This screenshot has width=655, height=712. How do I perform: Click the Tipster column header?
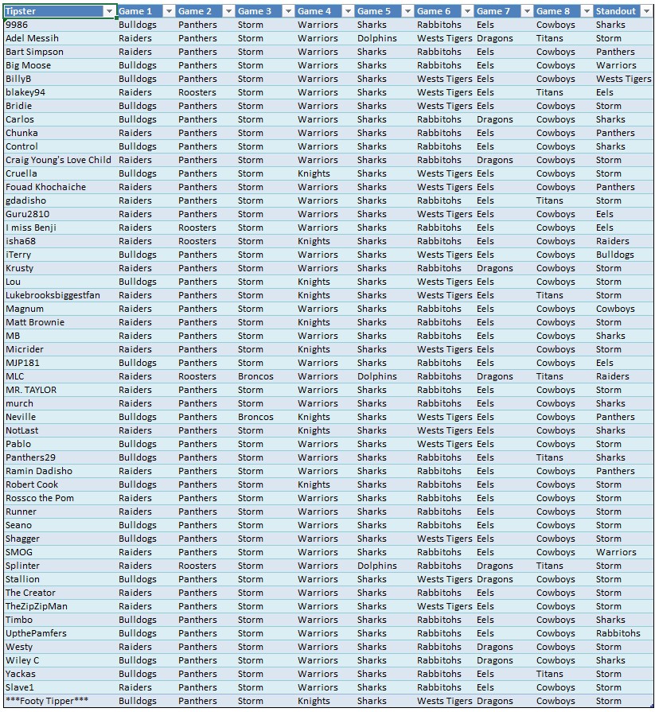(21, 11)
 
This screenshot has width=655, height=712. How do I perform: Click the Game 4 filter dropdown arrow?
(348, 11)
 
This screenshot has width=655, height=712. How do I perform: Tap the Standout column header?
(616, 11)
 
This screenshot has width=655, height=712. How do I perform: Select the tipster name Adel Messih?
(32, 38)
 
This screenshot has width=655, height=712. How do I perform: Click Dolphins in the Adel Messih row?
(376, 38)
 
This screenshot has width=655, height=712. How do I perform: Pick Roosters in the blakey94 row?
(197, 92)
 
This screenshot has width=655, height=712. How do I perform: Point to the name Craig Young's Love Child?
(58, 160)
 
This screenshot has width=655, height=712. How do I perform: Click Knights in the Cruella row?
(314, 173)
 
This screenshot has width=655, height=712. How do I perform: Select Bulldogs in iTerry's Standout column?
(614, 255)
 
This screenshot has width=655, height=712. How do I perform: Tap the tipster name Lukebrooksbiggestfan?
(53, 295)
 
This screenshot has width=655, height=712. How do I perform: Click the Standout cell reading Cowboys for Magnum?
(614, 309)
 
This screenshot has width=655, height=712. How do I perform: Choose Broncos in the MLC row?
(255, 376)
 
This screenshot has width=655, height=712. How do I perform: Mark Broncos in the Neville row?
(255, 417)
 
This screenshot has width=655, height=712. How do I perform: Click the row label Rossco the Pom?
(40, 498)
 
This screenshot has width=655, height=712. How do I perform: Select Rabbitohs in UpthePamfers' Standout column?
(618, 633)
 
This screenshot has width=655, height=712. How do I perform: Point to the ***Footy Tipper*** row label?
(47, 701)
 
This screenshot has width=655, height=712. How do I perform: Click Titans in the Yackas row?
(549, 674)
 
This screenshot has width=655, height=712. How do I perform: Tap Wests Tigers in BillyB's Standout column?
(623, 79)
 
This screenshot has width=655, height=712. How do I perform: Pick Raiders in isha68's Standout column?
(612, 241)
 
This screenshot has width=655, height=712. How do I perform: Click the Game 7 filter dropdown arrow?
(527, 11)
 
